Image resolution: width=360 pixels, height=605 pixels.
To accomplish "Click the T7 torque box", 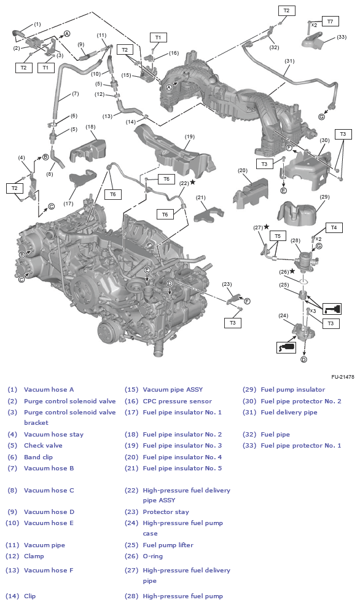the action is [x=331, y=22].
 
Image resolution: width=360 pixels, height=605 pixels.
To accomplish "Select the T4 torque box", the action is [x=334, y=227].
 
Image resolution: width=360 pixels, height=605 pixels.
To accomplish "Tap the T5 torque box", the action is [x=278, y=235].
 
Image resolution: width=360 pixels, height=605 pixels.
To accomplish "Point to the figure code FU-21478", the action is [x=342, y=376].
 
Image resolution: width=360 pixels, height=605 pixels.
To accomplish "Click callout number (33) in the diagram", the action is [x=342, y=37].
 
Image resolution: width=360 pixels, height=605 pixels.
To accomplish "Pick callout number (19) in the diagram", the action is [x=190, y=136].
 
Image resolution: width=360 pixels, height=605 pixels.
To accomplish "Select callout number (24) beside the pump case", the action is [x=283, y=315].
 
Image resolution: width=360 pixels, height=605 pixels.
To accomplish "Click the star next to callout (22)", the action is [x=193, y=182].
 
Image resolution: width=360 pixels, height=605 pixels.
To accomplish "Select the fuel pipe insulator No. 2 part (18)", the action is [x=88, y=149].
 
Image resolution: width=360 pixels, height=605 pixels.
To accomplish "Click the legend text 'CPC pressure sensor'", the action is [x=178, y=401].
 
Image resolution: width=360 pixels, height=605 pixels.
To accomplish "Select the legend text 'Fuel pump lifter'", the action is [x=168, y=545].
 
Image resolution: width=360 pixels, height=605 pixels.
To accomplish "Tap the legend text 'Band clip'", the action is [x=38, y=457].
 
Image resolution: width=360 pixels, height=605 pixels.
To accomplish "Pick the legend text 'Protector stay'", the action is [x=166, y=512].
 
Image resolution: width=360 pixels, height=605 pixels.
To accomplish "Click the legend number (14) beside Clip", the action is [x=12, y=596].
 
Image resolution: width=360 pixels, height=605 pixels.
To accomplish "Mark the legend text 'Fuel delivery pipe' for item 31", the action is [x=289, y=413].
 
